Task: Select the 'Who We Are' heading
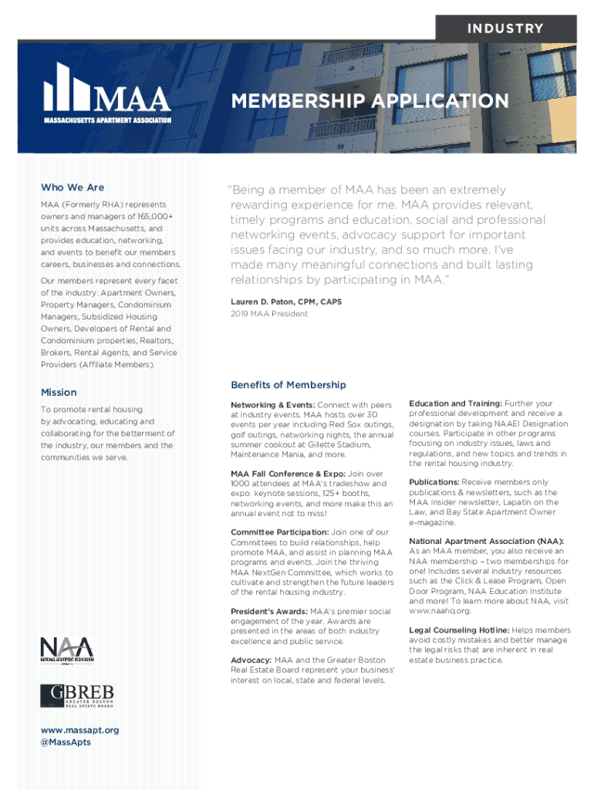click(73, 187)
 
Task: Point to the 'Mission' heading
click(59, 392)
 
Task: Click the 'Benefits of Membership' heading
click(289, 385)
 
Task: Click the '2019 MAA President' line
click(268, 315)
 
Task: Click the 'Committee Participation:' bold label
click(278, 532)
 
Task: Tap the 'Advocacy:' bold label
click(251, 660)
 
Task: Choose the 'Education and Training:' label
click(455, 403)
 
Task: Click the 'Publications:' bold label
click(434, 482)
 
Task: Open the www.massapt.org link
click(80, 730)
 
